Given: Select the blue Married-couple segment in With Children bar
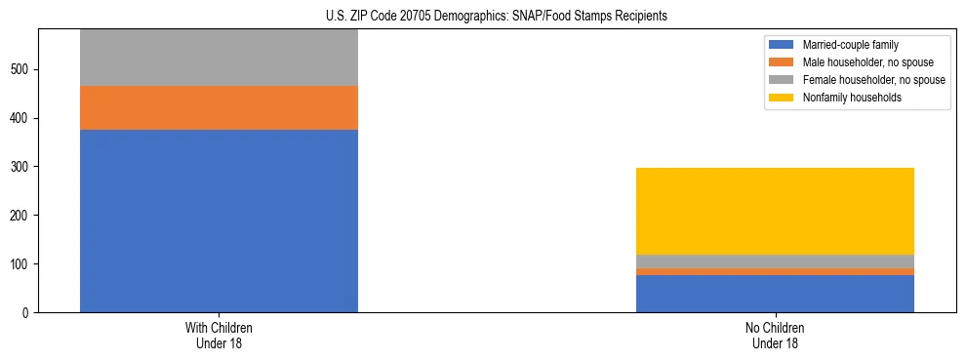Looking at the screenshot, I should [219, 221].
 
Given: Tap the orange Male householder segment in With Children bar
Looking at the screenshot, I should [219, 107].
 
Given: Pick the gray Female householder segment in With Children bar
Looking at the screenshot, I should [219, 58].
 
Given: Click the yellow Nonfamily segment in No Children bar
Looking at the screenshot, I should [775, 211].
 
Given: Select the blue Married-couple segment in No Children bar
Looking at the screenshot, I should [775, 294].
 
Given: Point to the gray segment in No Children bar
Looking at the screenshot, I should [775, 261].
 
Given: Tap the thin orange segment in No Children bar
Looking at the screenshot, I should [775, 272].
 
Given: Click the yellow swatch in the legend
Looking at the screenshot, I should [782, 98].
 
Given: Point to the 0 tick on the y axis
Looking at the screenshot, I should [27, 313].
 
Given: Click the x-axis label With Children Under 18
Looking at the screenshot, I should [219, 336].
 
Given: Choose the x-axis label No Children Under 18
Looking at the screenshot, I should [775, 336].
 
